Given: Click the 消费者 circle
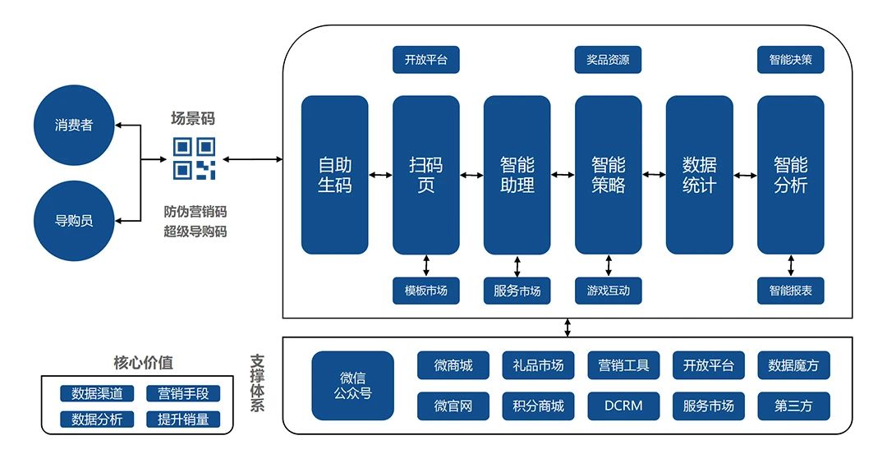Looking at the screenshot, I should point(73,126).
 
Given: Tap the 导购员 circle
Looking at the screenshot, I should point(73,221).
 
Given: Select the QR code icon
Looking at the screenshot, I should point(194,158).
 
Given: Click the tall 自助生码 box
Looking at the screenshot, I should point(334,175).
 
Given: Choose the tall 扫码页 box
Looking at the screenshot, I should point(425,175).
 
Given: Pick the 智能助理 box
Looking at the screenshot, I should point(517,175).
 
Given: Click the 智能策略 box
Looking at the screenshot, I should point(608,175).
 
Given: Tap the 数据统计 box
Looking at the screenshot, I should point(699,175).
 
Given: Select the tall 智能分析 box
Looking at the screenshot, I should point(790,175).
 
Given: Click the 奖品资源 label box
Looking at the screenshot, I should point(608,60).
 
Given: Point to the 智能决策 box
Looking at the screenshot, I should point(790,60).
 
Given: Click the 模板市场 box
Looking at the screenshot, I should point(425,291).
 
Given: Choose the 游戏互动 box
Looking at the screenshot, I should point(608,291).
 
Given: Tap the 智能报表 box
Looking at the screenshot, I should point(790,291).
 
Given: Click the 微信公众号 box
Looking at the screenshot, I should point(352,386).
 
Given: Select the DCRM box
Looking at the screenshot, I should point(623,406).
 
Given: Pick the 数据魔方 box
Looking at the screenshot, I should point(793,365).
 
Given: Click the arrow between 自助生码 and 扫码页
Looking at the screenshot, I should point(380,175).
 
